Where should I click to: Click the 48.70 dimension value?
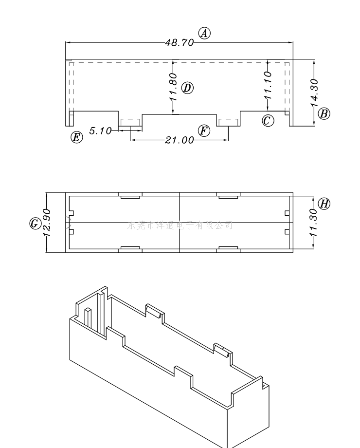(179, 42)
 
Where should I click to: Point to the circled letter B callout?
(324, 113)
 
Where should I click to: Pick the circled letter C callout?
(268, 120)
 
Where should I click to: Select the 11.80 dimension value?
(173, 87)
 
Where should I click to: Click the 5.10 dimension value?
(100, 131)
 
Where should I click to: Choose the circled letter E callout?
(76, 137)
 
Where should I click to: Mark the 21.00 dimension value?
(179, 140)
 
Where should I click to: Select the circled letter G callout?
(35, 224)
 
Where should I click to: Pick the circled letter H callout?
(324, 203)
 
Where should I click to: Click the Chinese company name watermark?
(180, 225)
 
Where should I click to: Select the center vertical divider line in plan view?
(180, 222)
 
